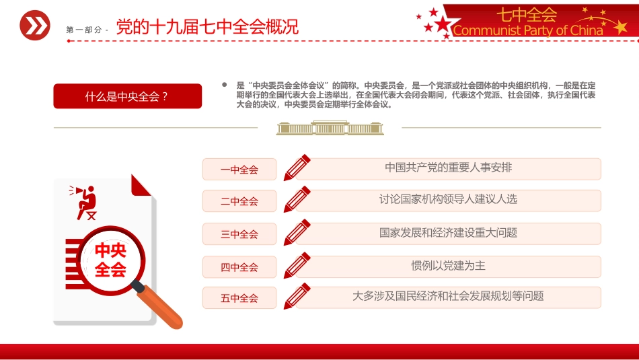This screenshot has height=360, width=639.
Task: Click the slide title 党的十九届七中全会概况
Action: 207,27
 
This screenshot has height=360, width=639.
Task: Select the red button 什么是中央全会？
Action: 127,96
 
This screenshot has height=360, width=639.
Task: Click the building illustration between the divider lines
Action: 330,128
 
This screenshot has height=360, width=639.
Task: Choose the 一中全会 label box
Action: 239,170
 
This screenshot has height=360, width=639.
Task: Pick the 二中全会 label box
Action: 239,201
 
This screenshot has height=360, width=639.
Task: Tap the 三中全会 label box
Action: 239,234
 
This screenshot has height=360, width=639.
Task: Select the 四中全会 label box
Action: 239,267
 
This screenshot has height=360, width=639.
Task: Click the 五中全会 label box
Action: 239,298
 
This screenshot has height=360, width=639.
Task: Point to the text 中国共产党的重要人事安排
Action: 448,168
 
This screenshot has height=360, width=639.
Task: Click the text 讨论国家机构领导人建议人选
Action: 448,200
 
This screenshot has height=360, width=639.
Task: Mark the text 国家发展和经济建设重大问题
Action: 448,233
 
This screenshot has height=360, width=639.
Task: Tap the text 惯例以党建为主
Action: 448,266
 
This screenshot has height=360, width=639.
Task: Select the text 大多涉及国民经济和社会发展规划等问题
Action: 448,296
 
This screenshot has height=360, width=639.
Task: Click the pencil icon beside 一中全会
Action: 297,168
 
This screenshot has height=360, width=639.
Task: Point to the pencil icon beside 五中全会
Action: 297,297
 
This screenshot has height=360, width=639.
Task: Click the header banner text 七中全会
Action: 527,14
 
